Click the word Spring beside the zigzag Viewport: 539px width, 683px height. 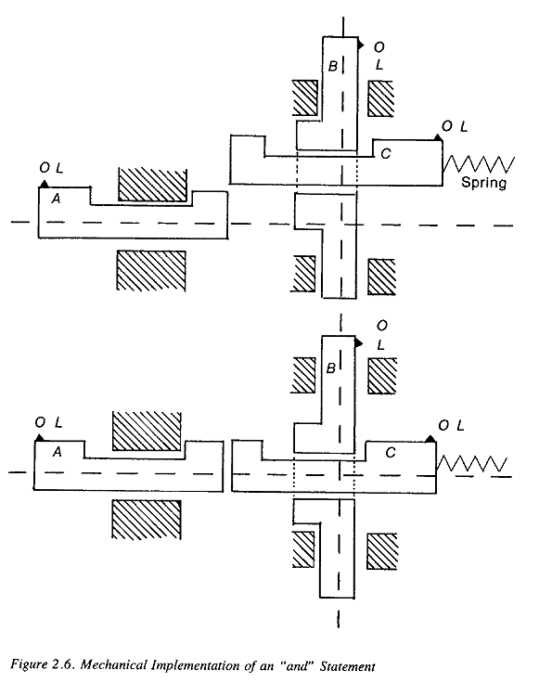click(483, 182)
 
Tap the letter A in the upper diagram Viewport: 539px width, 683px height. click(56, 199)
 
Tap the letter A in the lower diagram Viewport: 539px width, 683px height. click(57, 452)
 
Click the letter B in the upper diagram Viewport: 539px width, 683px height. click(333, 66)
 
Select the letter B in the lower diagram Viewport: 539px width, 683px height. click(331, 368)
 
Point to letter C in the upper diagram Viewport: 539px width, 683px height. click(386, 154)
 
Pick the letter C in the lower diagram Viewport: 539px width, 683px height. click(390, 453)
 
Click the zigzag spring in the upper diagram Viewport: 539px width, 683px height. click(479, 164)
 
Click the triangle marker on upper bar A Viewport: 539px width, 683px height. click(45, 184)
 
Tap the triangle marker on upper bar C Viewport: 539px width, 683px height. click(438, 137)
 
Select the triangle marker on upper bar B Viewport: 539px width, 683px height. click(361, 44)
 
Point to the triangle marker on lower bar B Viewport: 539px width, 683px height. click(359, 343)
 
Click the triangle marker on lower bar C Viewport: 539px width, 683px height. click(430, 439)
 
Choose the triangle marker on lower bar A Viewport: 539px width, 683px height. click(40, 437)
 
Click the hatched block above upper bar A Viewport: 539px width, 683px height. click(152, 185)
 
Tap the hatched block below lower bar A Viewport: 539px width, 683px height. click(147, 520)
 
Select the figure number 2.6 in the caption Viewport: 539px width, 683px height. click(64, 664)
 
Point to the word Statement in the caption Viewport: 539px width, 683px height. click(347, 666)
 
